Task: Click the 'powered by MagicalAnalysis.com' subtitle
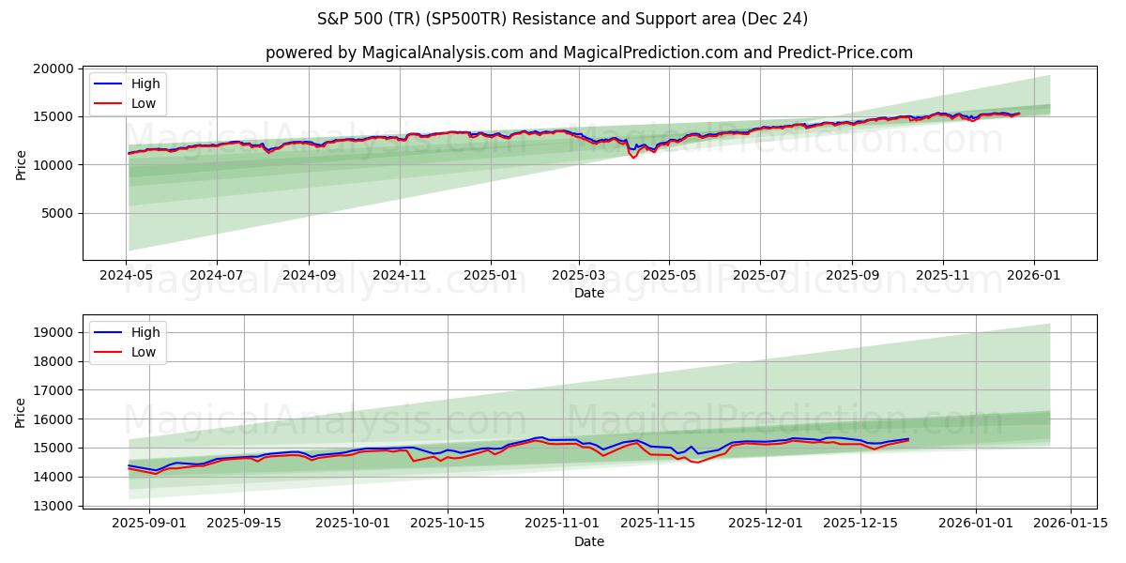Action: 588,53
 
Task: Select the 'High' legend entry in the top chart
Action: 145,84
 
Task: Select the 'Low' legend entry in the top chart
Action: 144,103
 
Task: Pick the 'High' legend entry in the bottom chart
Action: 145,332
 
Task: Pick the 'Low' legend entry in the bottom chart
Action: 144,352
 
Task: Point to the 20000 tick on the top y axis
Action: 53,68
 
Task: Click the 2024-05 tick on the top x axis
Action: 126,276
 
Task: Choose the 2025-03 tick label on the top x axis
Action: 578,276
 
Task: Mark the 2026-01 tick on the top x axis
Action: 1034,276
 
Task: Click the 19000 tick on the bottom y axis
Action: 53,333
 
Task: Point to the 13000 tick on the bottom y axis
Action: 53,506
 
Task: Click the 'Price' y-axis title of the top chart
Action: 21,163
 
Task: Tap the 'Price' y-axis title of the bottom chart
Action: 21,412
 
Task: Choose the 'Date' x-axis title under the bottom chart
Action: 588,541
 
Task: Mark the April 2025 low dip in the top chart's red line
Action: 633,157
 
